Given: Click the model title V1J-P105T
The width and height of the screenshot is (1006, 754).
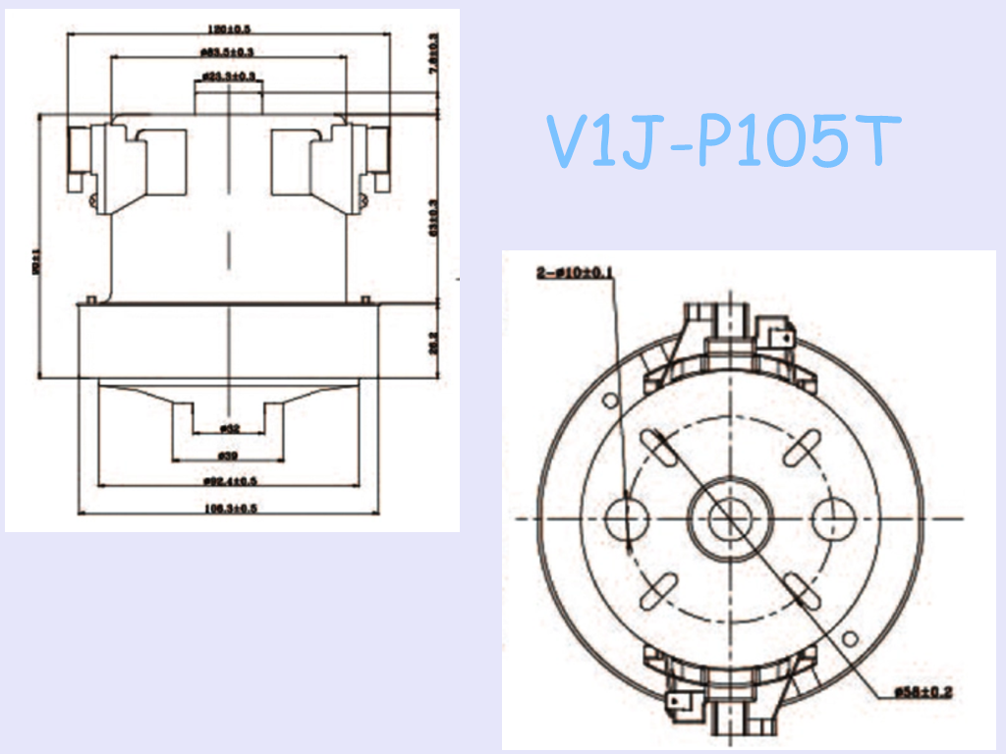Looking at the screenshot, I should click(721, 140).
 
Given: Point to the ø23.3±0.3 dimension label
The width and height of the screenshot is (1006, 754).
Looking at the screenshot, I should click(228, 75).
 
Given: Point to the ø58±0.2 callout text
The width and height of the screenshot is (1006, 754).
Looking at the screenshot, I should click(923, 692).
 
